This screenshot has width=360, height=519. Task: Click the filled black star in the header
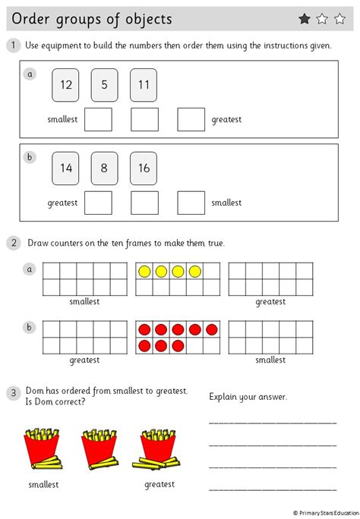click(x=305, y=19)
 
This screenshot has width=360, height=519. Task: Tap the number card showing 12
click(x=66, y=85)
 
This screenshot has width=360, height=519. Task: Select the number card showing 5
click(x=104, y=85)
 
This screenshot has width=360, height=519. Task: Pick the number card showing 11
click(x=143, y=85)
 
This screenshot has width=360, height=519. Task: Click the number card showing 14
click(x=66, y=168)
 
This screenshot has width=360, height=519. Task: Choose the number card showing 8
click(x=104, y=168)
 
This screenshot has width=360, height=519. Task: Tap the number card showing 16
click(x=143, y=168)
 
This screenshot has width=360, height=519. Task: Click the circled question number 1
click(x=14, y=46)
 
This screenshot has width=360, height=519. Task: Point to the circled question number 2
click(x=14, y=243)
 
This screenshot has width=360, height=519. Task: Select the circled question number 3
click(x=14, y=393)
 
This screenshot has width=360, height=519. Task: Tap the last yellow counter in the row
click(x=195, y=271)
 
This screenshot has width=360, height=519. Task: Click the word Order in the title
click(x=36, y=19)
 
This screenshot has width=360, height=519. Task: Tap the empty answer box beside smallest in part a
click(x=98, y=119)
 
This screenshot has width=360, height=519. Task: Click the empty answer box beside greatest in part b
click(x=98, y=203)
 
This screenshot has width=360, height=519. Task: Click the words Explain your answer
click(x=248, y=396)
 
